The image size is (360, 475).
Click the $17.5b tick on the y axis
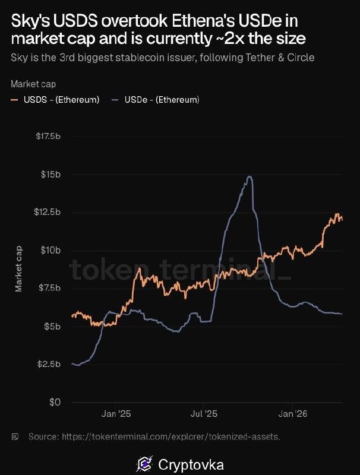click(x=48, y=137)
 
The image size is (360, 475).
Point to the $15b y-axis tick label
click(x=51, y=175)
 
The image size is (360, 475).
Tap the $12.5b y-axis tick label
click(x=48, y=213)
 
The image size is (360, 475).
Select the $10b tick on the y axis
click(x=51, y=251)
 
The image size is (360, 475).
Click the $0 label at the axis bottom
click(x=55, y=403)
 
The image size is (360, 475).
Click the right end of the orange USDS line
click(x=342, y=219)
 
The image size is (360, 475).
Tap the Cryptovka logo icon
click(x=143, y=463)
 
